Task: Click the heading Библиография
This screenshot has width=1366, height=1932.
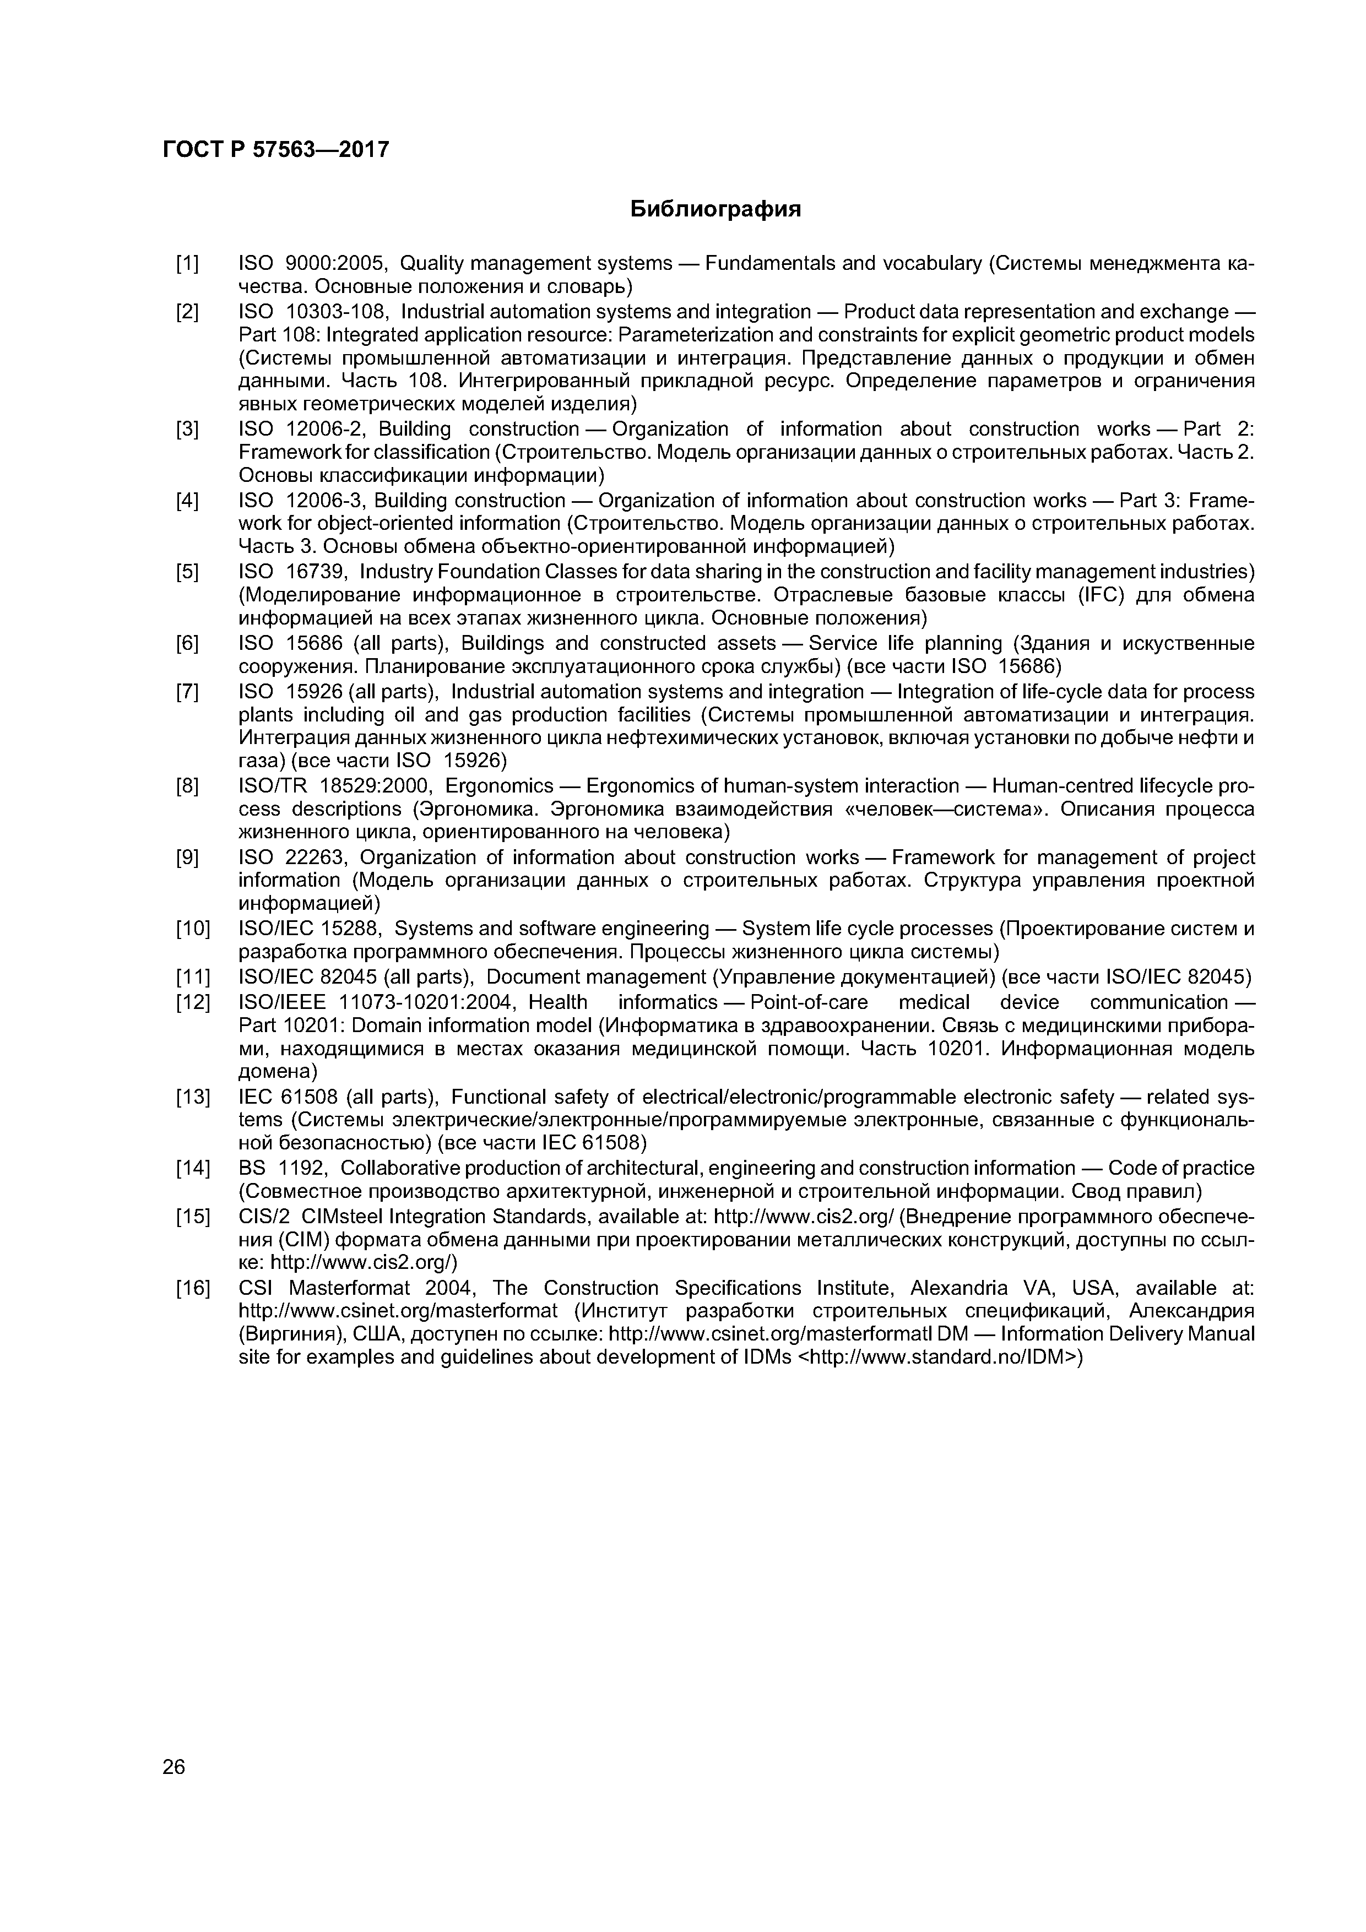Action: pos(715,209)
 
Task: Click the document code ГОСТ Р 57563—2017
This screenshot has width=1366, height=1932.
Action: pos(275,150)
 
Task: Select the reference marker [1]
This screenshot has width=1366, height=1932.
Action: pos(187,264)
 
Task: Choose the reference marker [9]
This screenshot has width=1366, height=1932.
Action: pos(187,858)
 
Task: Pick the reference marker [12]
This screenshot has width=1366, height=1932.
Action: pos(193,1003)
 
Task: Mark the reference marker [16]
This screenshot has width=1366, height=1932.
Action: pos(193,1288)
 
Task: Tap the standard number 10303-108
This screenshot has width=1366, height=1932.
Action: pos(337,312)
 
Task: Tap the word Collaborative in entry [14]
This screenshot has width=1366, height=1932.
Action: pos(400,1168)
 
